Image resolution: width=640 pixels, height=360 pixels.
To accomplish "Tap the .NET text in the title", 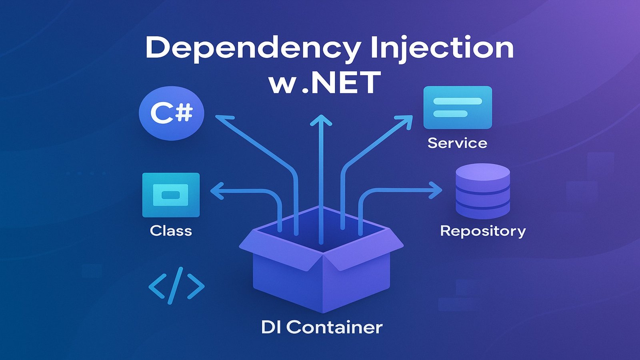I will click(340, 83).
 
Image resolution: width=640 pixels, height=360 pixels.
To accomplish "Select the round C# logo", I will click(171, 113).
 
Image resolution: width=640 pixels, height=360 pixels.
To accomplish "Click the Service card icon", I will click(458, 107).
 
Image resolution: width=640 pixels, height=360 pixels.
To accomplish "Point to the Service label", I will click(457, 143).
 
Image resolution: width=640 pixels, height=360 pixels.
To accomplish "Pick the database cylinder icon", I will click(483, 191).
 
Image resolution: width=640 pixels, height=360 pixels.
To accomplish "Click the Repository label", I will click(483, 231).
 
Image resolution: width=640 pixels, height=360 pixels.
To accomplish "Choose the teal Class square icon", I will click(171, 195).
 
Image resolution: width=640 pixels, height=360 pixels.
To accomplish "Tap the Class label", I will click(171, 231).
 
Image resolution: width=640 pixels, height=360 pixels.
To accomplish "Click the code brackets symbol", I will click(176, 286).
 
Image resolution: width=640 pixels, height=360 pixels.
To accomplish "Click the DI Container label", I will click(322, 327).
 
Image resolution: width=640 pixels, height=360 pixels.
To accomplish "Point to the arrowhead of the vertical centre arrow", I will click(321, 120).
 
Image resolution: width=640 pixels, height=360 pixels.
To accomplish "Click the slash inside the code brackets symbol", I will click(176, 286).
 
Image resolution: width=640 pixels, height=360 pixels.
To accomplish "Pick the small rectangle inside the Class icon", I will click(171, 195).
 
